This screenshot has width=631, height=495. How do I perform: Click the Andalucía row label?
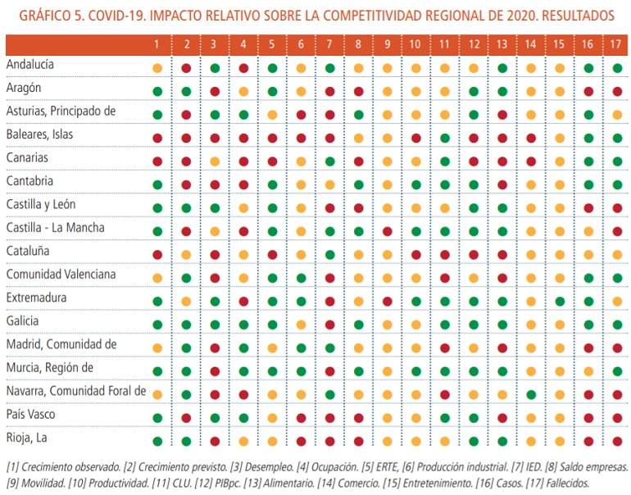[x=30, y=65]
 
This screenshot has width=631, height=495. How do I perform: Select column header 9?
[x=387, y=44]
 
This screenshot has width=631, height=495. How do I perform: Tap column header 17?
[x=615, y=44]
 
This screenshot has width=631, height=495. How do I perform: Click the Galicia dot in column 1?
[x=157, y=325]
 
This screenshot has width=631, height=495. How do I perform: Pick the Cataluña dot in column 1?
[x=157, y=255]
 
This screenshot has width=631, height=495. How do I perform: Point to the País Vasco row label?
[x=30, y=414]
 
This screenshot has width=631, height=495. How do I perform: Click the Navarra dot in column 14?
[x=531, y=395]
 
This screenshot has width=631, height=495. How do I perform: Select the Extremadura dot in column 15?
[x=560, y=302]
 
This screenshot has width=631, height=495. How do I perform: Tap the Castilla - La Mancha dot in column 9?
[x=388, y=231]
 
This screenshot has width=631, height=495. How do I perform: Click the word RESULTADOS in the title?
[x=578, y=16]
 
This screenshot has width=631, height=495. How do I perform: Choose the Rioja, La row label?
[x=26, y=438]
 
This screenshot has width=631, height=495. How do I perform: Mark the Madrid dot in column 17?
[x=617, y=348]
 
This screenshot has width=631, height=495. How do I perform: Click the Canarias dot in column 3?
[x=215, y=161]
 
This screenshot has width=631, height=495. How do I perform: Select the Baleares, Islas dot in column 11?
[x=445, y=138]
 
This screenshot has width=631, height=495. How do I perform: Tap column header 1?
[x=157, y=44]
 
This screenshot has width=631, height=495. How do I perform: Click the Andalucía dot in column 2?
[x=186, y=68]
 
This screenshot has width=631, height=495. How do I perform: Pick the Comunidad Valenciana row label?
[x=61, y=274]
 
